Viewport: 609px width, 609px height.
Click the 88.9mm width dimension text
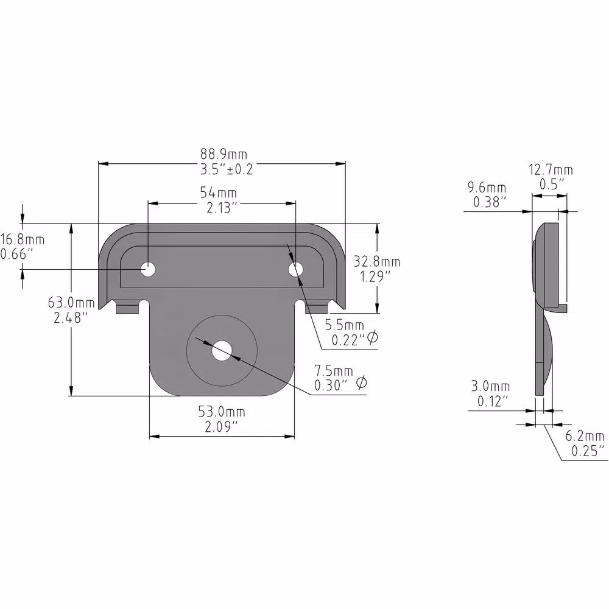(x=224, y=155)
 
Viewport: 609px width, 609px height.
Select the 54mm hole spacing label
(x=218, y=192)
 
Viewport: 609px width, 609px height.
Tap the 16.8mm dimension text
(x=23, y=239)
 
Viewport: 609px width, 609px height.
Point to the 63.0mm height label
(x=71, y=302)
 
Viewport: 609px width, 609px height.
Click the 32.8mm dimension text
(x=376, y=262)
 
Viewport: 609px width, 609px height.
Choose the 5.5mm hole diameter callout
(x=345, y=325)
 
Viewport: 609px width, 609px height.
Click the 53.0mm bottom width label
(x=222, y=411)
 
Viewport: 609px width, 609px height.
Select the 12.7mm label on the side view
(x=551, y=170)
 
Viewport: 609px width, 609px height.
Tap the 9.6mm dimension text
(x=487, y=188)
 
